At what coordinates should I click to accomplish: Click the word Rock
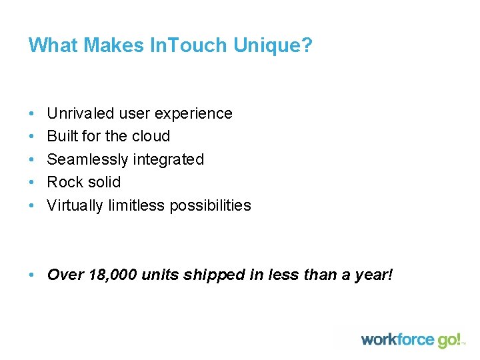(x=65, y=182)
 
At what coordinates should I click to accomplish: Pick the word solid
(x=104, y=182)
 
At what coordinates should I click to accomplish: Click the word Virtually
(x=74, y=205)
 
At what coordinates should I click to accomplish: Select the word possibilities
(x=210, y=205)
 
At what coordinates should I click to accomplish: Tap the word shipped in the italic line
(x=214, y=275)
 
